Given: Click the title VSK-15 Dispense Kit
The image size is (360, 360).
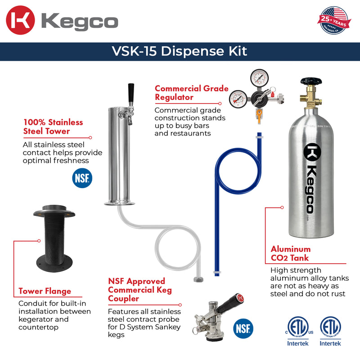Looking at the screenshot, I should point(180,51).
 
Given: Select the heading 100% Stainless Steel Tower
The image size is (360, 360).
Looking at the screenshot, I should point(53,126).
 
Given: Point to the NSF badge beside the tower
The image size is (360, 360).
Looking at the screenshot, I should point(81,178).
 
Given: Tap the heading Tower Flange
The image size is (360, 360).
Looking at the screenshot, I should point(45,291).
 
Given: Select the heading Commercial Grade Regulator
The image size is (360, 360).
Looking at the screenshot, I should point(191,93).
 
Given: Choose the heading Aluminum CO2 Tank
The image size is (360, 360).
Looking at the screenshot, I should point(290,253).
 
